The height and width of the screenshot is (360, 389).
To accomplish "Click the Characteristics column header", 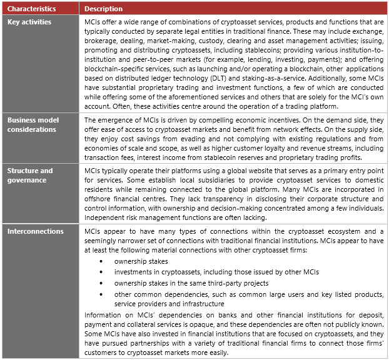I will pyautogui.click(x=31, y=9).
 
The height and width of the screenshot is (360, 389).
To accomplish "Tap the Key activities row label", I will pyautogui.click(x=29, y=22).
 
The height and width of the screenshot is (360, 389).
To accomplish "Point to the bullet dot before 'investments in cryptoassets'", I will pyautogui.click(x=103, y=271).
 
